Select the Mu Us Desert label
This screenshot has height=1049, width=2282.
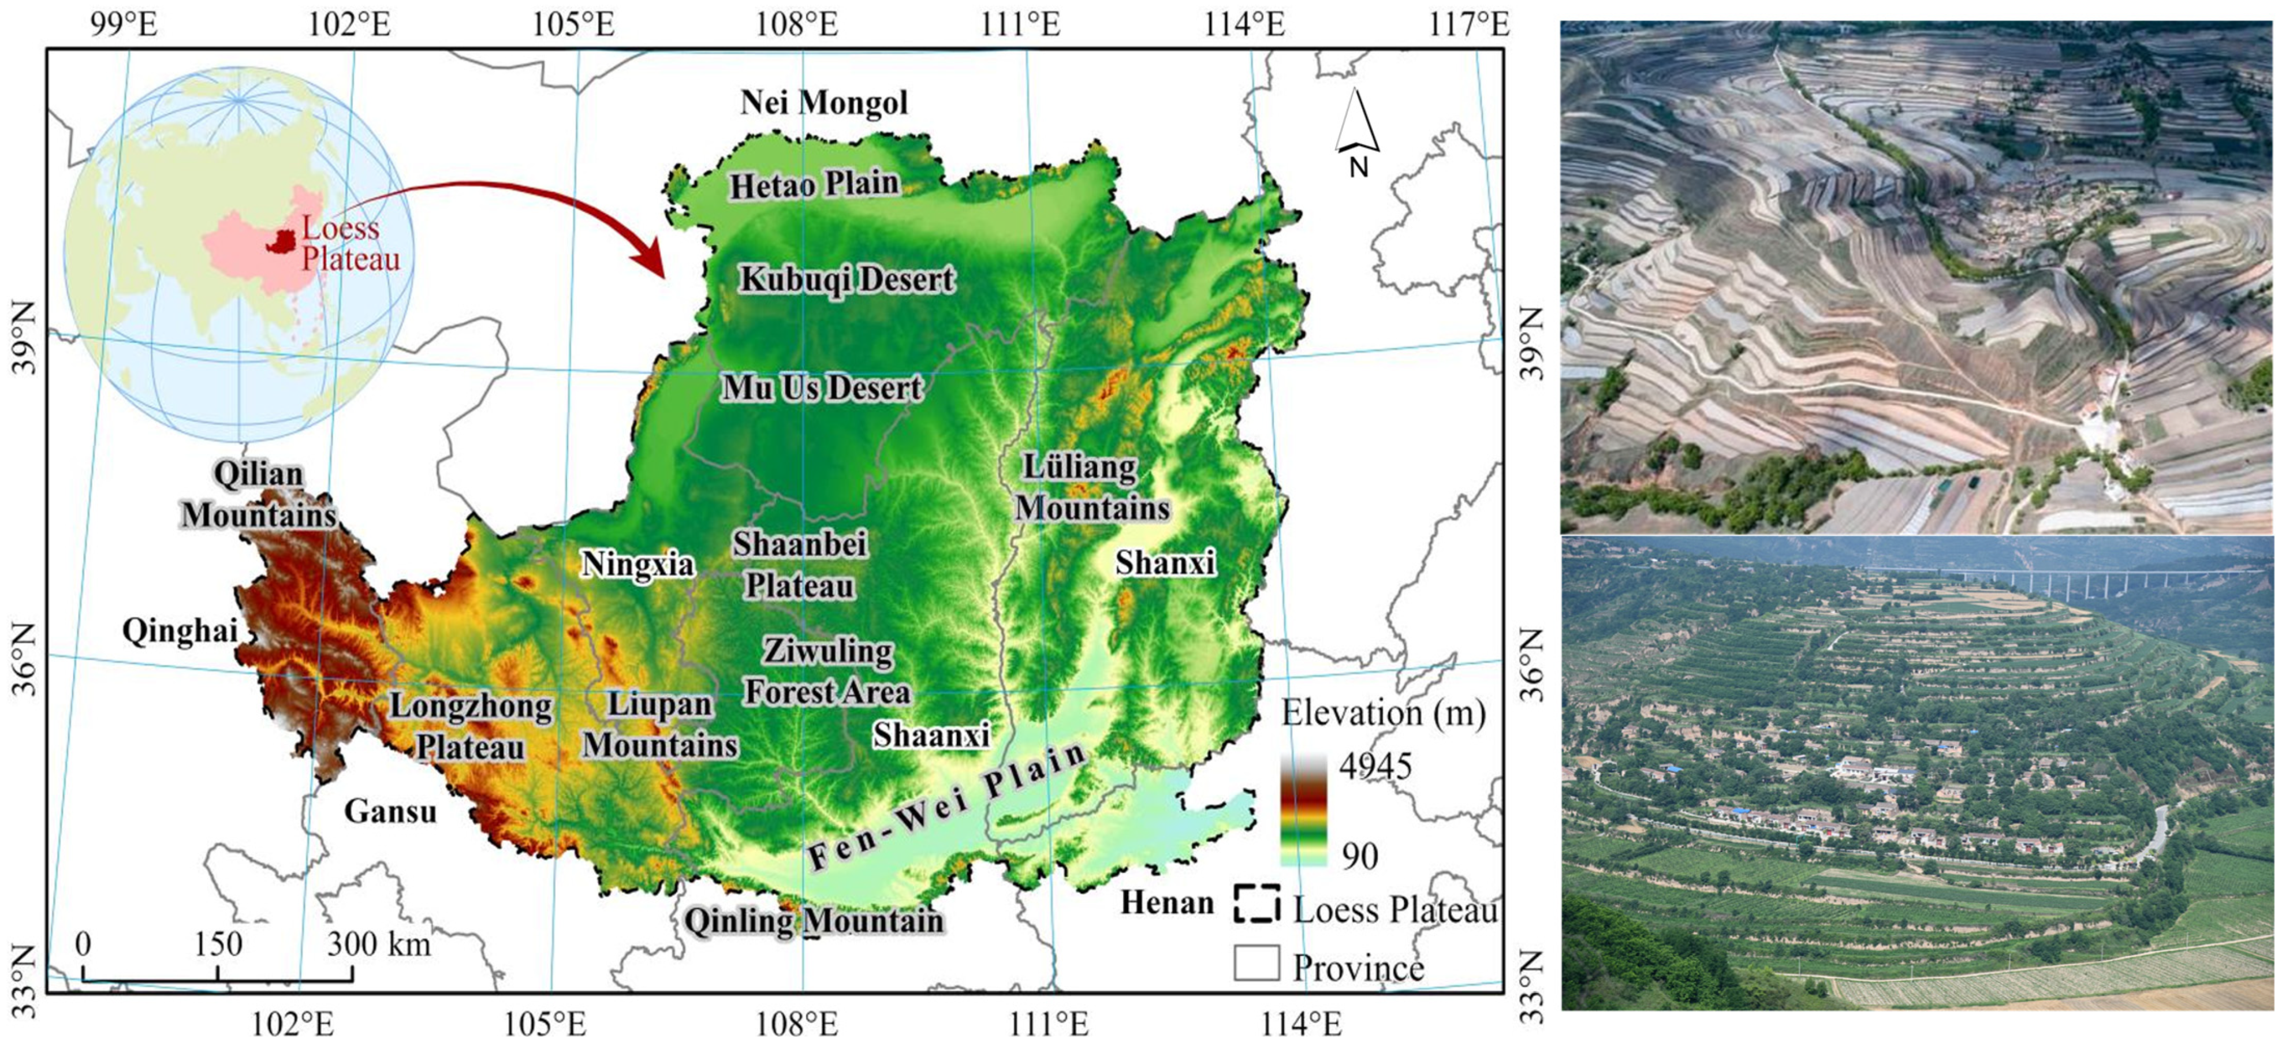click(821, 388)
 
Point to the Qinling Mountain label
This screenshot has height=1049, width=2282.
click(813, 921)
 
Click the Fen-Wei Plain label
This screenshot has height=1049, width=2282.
click(946, 804)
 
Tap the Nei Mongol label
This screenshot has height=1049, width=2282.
click(824, 103)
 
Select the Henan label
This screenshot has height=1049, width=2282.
click(1166, 903)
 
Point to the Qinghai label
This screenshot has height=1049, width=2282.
click(180, 631)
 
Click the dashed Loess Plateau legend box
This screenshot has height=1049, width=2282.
click(1256, 903)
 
